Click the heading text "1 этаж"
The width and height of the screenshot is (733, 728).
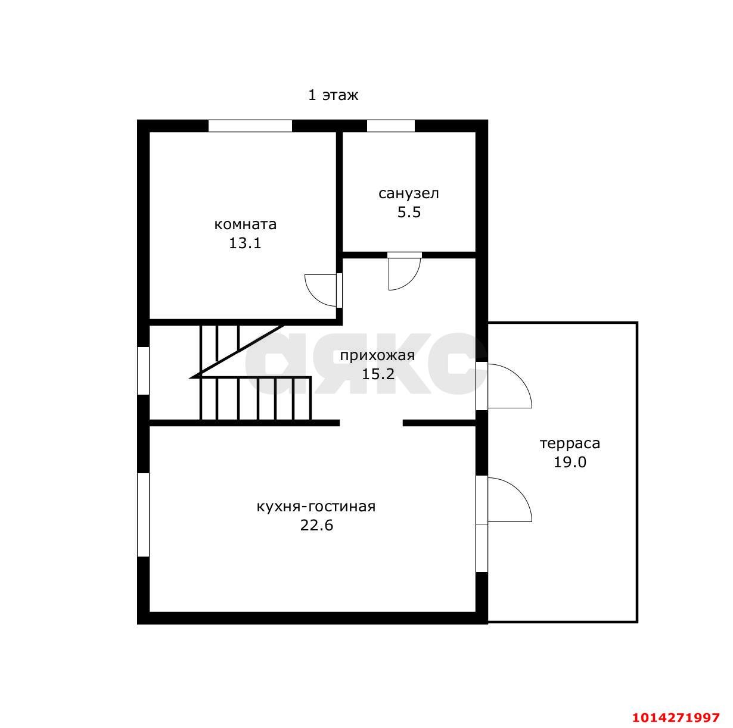point(333,95)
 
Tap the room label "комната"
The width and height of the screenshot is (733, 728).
point(246,224)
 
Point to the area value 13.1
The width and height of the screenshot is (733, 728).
point(245,243)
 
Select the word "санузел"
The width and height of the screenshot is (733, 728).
point(409,193)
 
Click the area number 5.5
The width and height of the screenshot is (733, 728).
point(409,212)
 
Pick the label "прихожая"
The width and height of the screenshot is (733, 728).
point(377,355)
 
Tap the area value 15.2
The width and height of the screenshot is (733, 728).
point(378,374)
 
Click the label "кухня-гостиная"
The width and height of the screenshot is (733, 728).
point(316,507)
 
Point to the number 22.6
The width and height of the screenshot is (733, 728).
point(316,525)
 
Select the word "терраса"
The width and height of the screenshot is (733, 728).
point(570,443)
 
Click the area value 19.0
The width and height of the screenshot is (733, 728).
point(570,462)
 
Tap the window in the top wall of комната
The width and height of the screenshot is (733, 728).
point(250,126)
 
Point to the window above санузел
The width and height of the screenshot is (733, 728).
point(391,126)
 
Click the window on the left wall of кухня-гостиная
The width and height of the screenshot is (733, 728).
point(143,515)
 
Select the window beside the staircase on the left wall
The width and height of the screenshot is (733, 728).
point(143,370)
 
